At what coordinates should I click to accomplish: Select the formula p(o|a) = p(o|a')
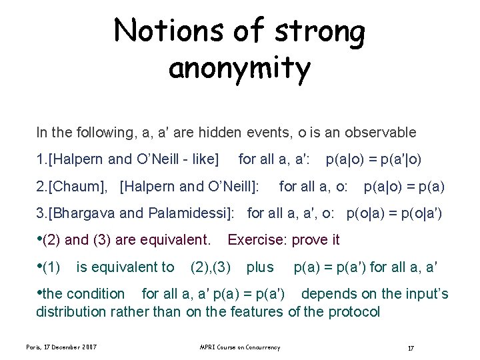[x=394, y=213]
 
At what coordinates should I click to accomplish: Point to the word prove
[x=304, y=239]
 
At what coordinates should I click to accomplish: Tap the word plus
[x=260, y=267]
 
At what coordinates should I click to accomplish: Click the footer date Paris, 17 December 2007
[x=61, y=347]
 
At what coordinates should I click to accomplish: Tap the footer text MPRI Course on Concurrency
[x=239, y=347]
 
